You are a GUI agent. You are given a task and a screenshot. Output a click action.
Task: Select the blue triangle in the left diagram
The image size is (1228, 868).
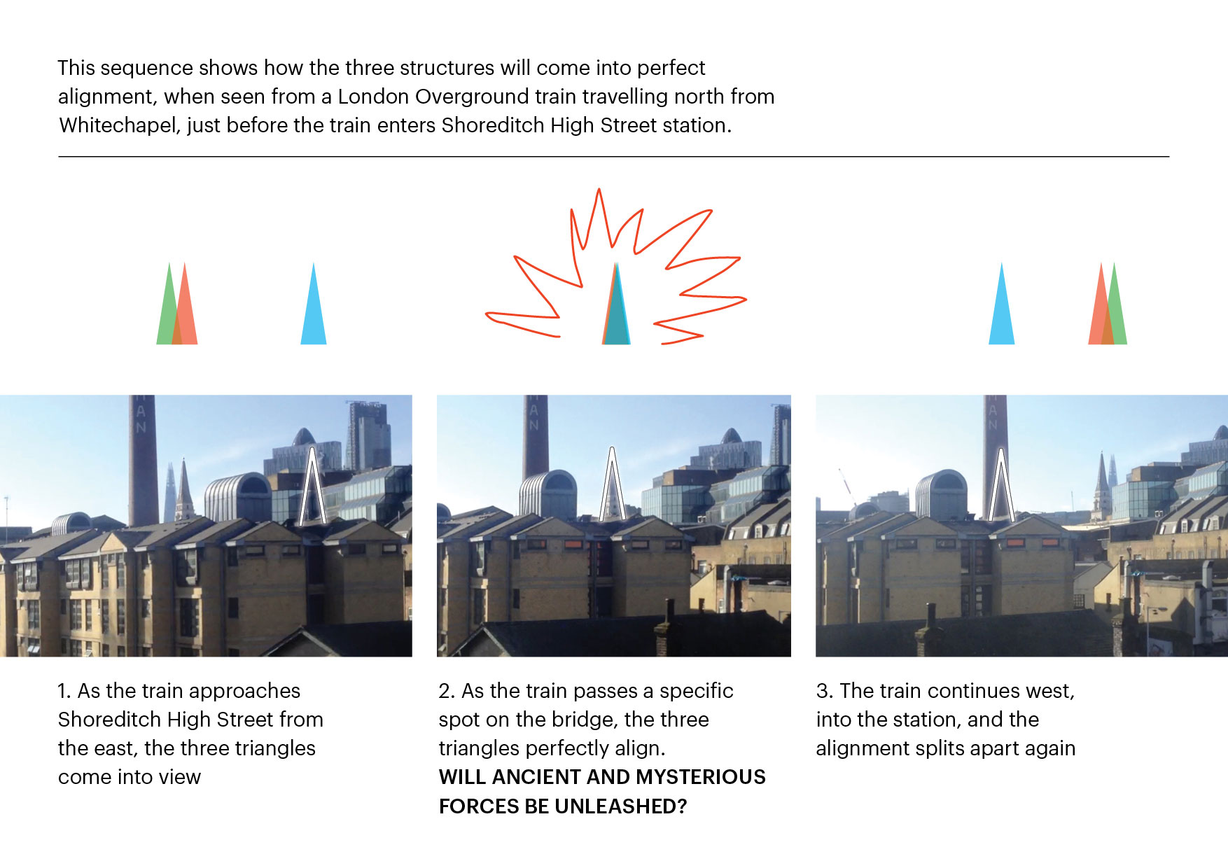tap(314, 304)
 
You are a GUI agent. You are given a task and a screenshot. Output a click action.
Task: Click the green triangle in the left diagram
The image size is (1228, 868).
tap(168, 304)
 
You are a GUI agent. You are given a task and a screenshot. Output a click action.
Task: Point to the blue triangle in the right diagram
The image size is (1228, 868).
tap(1002, 304)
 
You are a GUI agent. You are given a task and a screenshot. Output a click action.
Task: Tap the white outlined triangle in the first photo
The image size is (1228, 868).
tap(312, 486)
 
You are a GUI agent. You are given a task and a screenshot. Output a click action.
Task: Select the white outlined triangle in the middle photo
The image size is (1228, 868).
tap(613, 484)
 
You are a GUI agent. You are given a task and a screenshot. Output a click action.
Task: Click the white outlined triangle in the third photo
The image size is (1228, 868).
tap(1002, 484)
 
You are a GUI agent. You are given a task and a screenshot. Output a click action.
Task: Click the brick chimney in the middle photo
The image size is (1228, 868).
tap(536, 436)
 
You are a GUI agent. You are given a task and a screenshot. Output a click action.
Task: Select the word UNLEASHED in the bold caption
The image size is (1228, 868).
tap(615, 806)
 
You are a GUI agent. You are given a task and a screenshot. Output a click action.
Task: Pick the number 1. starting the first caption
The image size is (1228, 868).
tap(64, 691)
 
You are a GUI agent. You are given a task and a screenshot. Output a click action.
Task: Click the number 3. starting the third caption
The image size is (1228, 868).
tap(825, 691)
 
